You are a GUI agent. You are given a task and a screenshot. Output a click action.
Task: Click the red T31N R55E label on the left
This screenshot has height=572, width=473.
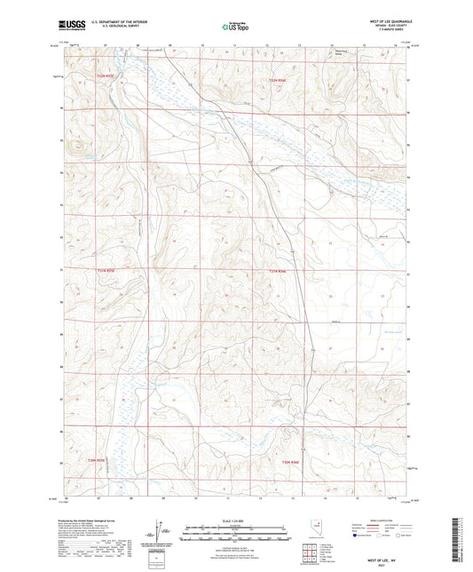coord(104,270)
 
